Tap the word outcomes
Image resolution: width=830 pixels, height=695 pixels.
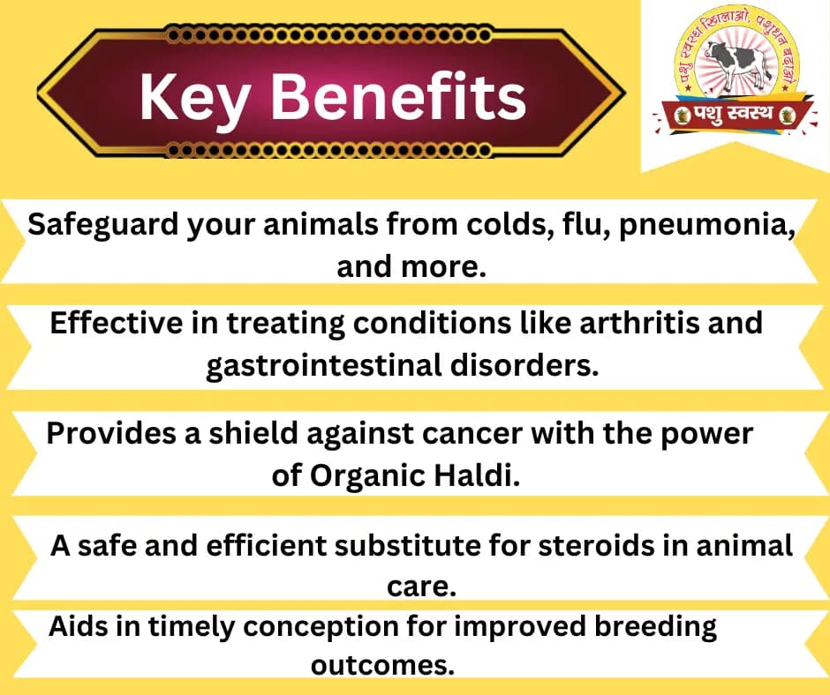point(382,664)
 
